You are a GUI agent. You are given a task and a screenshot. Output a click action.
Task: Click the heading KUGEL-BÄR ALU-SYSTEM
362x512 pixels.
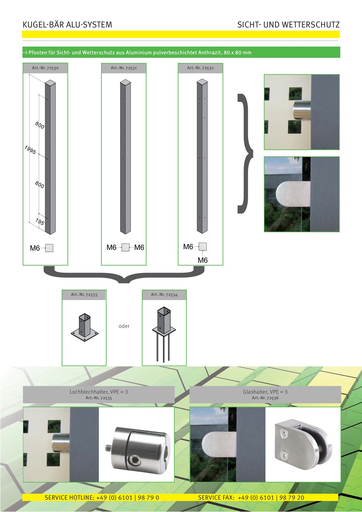click(x=67, y=25)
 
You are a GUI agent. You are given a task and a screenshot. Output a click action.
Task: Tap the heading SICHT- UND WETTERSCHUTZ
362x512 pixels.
click(x=288, y=25)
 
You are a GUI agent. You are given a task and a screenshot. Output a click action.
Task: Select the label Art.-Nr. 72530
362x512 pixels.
click(x=45, y=68)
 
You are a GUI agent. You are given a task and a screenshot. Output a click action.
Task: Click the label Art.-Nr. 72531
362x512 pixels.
click(x=124, y=68)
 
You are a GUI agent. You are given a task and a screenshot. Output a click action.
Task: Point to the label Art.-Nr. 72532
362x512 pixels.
click(x=200, y=68)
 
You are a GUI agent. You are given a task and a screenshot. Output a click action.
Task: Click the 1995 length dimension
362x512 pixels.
click(x=30, y=150)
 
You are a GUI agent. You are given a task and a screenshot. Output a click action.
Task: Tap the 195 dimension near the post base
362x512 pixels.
click(x=40, y=222)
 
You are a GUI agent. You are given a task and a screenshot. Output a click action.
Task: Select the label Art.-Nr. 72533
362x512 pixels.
click(x=84, y=295)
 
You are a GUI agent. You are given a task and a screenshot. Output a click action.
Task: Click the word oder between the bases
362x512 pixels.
click(x=124, y=326)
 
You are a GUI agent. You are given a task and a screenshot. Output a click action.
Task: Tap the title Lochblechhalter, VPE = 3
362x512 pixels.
click(x=99, y=392)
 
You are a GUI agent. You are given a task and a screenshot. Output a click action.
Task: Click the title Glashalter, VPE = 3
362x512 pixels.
click(x=265, y=392)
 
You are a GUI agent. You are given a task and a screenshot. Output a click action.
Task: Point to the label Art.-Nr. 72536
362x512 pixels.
click(x=265, y=398)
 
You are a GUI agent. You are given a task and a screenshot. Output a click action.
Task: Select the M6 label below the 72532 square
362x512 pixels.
click(x=203, y=260)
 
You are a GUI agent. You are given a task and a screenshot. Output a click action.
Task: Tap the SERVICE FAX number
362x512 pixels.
click(x=271, y=497)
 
